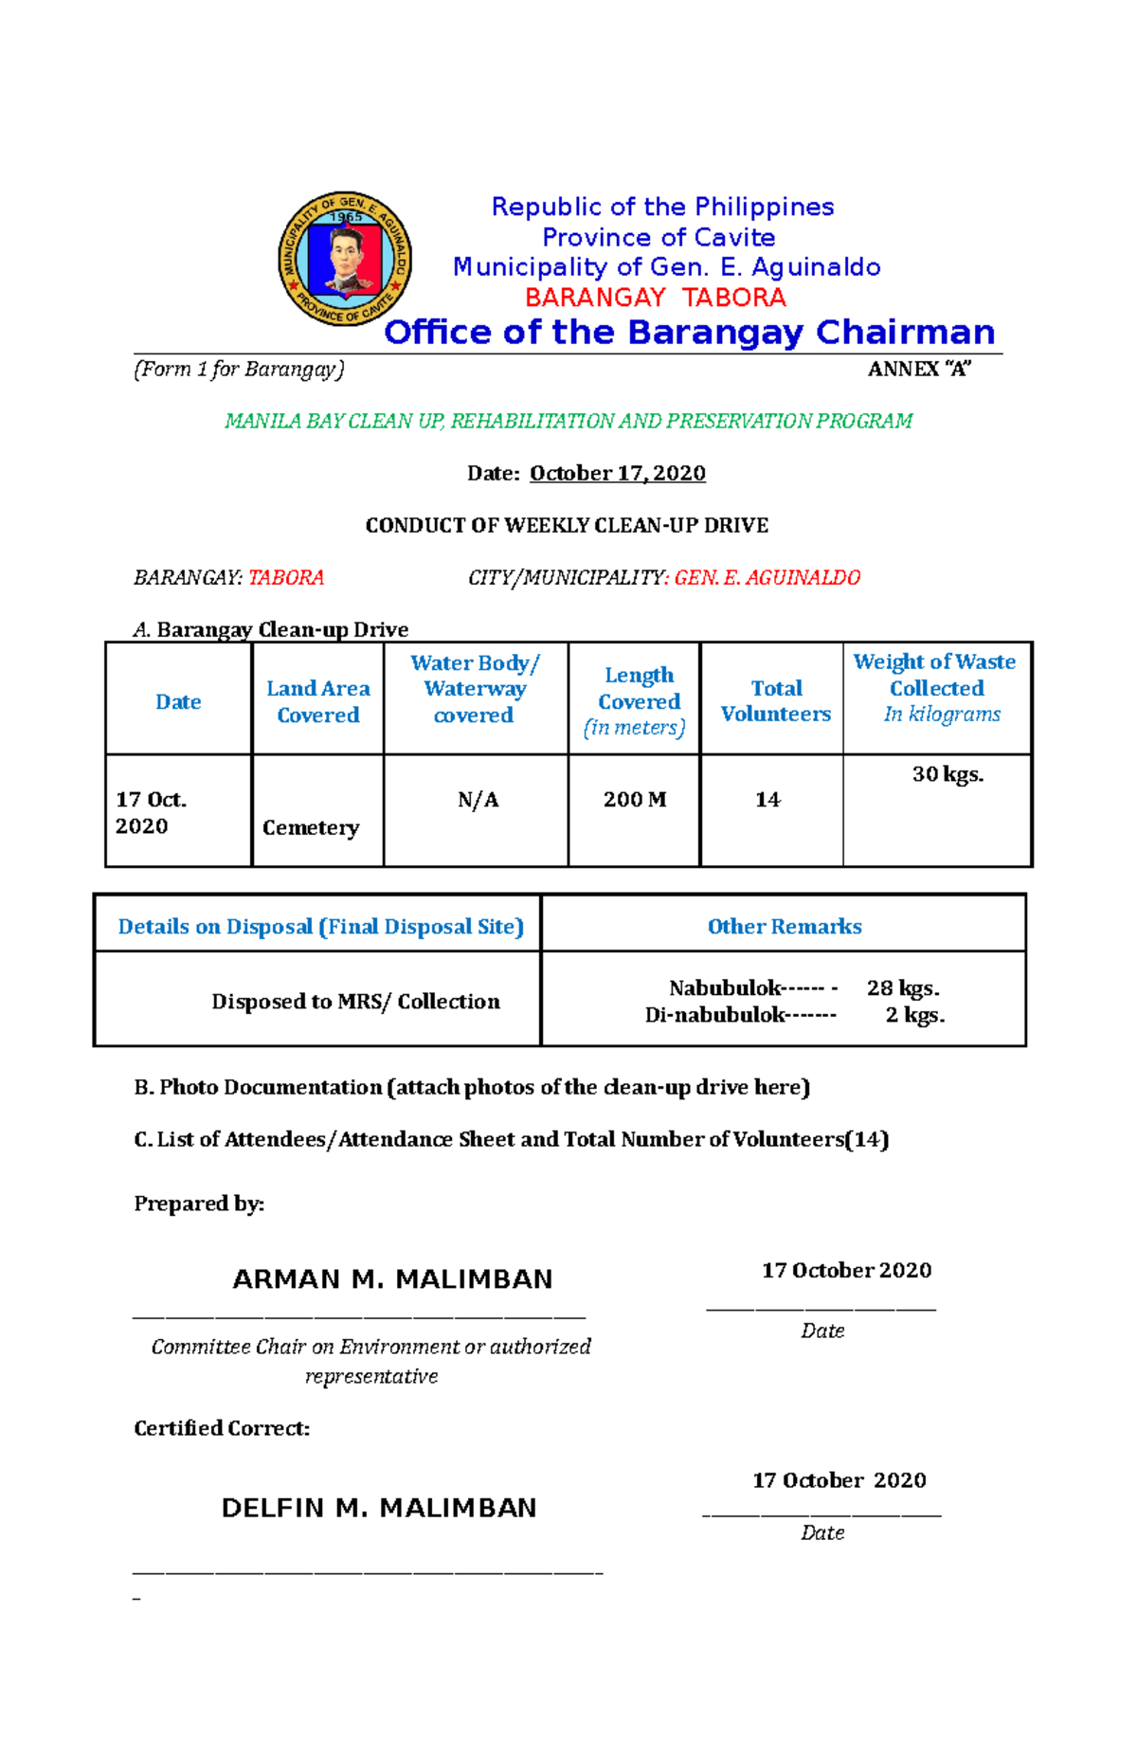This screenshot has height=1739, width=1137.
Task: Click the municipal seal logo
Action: (345, 259)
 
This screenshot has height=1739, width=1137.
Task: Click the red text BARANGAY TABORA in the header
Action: (656, 298)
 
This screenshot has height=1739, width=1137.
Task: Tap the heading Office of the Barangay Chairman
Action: (689, 333)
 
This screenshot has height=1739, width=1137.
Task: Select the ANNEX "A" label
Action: (919, 370)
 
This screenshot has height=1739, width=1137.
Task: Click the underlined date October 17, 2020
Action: (617, 473)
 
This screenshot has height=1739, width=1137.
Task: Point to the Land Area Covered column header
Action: (317, 701)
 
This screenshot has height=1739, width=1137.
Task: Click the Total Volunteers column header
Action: (775, 701)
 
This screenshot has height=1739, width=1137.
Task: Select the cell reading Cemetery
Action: (311, 827)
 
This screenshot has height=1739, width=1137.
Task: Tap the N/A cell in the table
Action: (478, 800)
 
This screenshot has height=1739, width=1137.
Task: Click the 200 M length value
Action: (635, 800)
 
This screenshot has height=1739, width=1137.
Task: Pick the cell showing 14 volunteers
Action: (767, 800)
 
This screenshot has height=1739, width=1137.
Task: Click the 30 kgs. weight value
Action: (947, 774)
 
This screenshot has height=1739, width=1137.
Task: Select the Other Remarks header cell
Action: (785, 926)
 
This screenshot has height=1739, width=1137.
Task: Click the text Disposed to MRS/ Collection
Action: (355, 1001)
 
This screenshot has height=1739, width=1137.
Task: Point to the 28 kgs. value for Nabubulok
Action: (903, 987)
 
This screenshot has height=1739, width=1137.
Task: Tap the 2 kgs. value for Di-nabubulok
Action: (915, 1015)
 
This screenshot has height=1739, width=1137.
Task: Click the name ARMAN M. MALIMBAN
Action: (392, 1279)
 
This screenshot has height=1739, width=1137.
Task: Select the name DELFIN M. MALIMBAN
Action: (379, 1508)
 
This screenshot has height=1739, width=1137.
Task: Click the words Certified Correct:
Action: (222, 1428)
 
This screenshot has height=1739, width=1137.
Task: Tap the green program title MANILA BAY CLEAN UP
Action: (568, 421)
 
